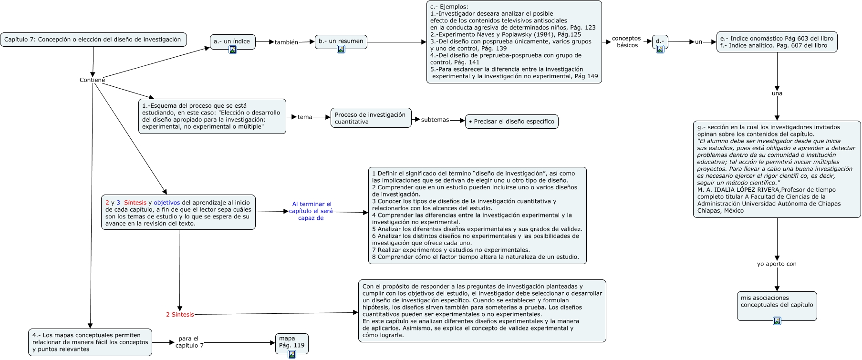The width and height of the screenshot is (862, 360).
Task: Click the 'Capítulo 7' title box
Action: click(x=93, y=40)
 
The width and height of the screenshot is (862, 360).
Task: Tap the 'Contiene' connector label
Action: click(x=92, y=80)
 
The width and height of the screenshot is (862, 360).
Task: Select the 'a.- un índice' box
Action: click(x=232, y=41)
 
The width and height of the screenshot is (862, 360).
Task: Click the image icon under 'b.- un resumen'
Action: click(x=341, y=49)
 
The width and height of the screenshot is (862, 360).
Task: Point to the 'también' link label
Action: click(x=286, y=42)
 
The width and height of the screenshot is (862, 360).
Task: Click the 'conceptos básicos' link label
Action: click(x=626, y=42)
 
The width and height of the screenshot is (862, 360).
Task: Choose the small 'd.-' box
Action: click(x=660, y=41)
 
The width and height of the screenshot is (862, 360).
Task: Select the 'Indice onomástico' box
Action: click(x=777, y=42)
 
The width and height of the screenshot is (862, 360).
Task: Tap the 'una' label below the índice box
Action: click(x=777, y=93)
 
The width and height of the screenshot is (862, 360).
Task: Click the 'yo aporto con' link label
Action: click(x=777, y=264)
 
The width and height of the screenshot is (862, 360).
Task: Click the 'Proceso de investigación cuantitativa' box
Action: click(x=371, y=118)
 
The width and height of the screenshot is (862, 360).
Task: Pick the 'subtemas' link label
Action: click(x=435, y=120)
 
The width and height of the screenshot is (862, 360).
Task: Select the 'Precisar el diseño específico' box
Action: click(x=511, y=122)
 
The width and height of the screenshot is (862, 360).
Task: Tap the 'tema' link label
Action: click(x=305, y=117)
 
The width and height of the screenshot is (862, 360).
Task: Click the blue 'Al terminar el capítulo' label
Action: click(x=311, y=211)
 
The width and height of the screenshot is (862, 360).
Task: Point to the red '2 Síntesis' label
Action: click(x=180, y=314)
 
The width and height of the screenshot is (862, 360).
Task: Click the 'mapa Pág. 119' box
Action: click(x=291, y=342)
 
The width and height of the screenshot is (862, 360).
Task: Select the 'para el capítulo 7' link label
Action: click(x=189, y=342)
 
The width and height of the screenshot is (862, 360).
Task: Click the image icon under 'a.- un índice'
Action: click(x=233, y=50)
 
